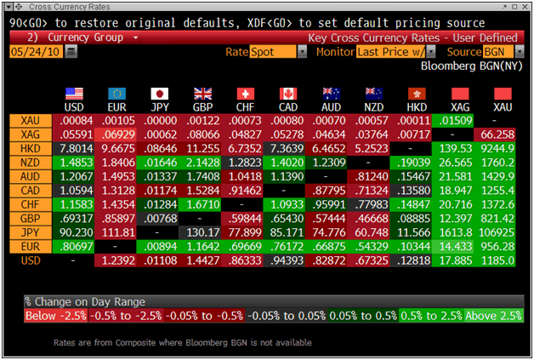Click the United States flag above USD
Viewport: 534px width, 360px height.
[75, 94]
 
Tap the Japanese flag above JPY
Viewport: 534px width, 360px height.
[160, 94]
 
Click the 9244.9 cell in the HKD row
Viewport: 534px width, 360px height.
[503, 148]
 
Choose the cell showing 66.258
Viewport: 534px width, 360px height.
[503, 134]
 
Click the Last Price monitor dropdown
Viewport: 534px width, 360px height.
[395, 52]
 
